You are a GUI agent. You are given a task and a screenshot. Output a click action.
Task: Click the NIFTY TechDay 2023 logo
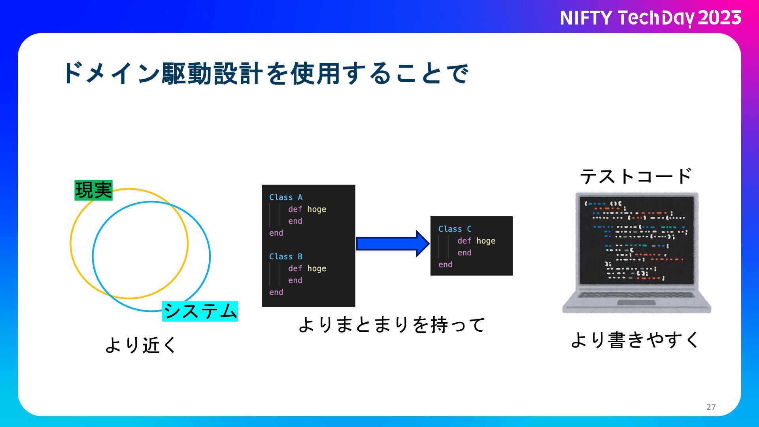point(650,18)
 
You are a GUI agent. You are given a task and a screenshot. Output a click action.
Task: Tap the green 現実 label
point(93,190)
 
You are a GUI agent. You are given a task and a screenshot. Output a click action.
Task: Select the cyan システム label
point(200,311)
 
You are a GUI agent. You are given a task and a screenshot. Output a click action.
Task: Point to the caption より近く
point(141,344)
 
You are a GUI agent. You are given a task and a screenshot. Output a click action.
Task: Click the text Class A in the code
point(285,197)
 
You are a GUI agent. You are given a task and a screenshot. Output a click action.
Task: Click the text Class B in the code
point(285,257)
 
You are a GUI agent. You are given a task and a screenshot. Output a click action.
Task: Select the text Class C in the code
point(455,229)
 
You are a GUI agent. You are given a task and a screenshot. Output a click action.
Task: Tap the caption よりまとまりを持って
point(391,325)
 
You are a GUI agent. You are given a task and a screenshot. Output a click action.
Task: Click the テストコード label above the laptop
point(636,176)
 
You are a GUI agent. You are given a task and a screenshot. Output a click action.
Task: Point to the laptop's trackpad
point(636,303)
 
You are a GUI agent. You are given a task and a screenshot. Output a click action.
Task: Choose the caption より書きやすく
point(635,340)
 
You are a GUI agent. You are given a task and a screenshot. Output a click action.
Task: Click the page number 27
point(711,407)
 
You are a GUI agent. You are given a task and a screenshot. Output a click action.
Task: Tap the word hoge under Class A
point(317,209)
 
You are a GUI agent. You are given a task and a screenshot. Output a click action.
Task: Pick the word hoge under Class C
point(486,241)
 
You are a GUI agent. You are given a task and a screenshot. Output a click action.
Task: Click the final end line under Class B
point(276,292)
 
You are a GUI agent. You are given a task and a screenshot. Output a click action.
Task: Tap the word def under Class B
point(295,268)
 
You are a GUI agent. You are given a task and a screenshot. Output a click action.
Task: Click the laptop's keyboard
point(636,295)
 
